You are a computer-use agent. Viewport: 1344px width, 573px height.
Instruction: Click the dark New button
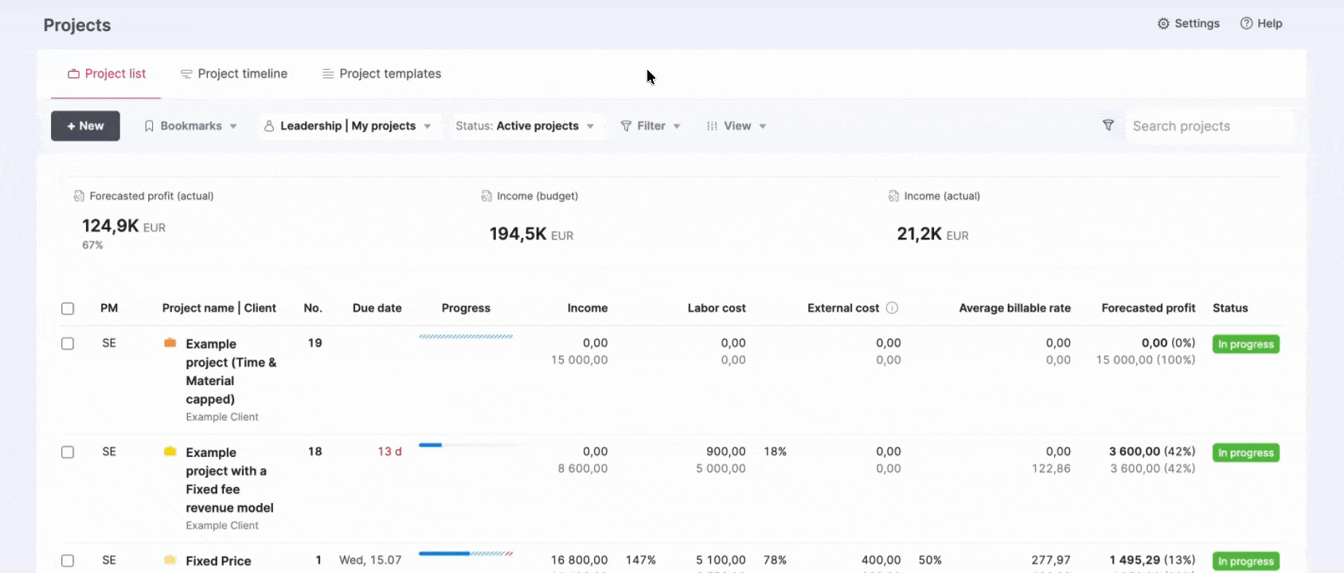point(85,126)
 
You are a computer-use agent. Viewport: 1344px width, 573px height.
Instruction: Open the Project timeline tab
point(234,74)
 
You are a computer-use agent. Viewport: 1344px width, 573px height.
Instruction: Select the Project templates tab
point(381,74)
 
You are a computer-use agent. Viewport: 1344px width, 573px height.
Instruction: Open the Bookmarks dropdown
point(191,126)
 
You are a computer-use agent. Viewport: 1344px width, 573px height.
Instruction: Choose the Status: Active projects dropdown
point(525,126)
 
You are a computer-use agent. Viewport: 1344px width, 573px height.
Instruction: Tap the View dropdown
point(736,126)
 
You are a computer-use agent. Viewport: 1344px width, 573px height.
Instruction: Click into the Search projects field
point(1209,126)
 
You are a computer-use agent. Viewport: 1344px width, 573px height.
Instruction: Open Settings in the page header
point(1189,23)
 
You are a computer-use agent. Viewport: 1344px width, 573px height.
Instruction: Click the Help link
point(1261,23)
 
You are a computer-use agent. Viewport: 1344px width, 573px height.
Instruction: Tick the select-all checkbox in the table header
point(68,309)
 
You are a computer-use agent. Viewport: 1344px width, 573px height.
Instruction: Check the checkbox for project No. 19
point(68,344)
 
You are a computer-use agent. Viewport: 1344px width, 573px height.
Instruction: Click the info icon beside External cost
point(893,308)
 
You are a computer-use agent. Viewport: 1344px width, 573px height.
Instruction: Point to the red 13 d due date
point(389,451)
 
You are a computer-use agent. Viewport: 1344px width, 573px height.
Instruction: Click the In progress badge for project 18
point(1245,452)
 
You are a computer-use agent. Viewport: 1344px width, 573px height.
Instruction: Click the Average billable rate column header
point(1014,308)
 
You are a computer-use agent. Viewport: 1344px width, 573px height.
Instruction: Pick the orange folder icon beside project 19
point(170,342)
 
